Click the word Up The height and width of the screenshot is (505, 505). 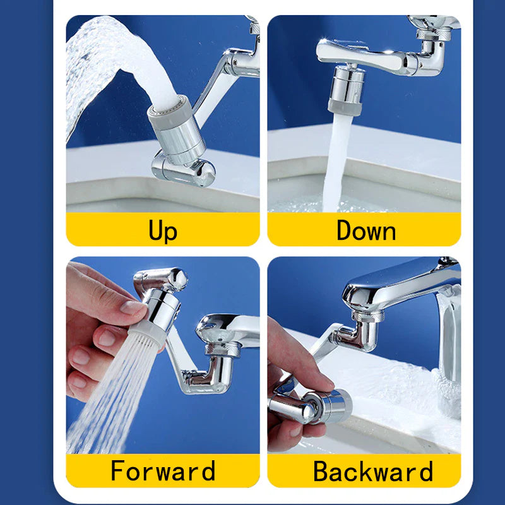click(x=163, y=230)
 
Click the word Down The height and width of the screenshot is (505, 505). click(x=365, y=230)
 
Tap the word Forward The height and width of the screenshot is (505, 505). click(x=163, y=471)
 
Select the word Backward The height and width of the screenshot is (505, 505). click(x=372, y=471)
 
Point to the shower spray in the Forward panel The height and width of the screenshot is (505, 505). click(x=107, y=398)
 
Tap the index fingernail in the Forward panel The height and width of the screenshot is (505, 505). click(x=134, y=308)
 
